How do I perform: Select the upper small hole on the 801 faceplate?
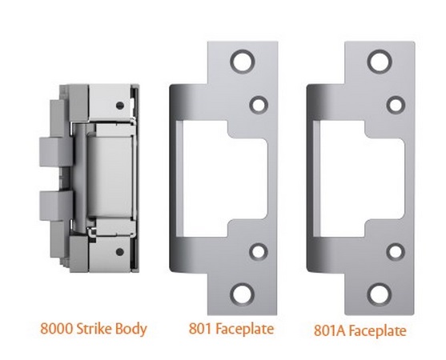point(259,103)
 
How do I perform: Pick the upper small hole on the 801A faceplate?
point(394,103)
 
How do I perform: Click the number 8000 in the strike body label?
point(57,327)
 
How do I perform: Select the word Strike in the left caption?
point(97,327)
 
